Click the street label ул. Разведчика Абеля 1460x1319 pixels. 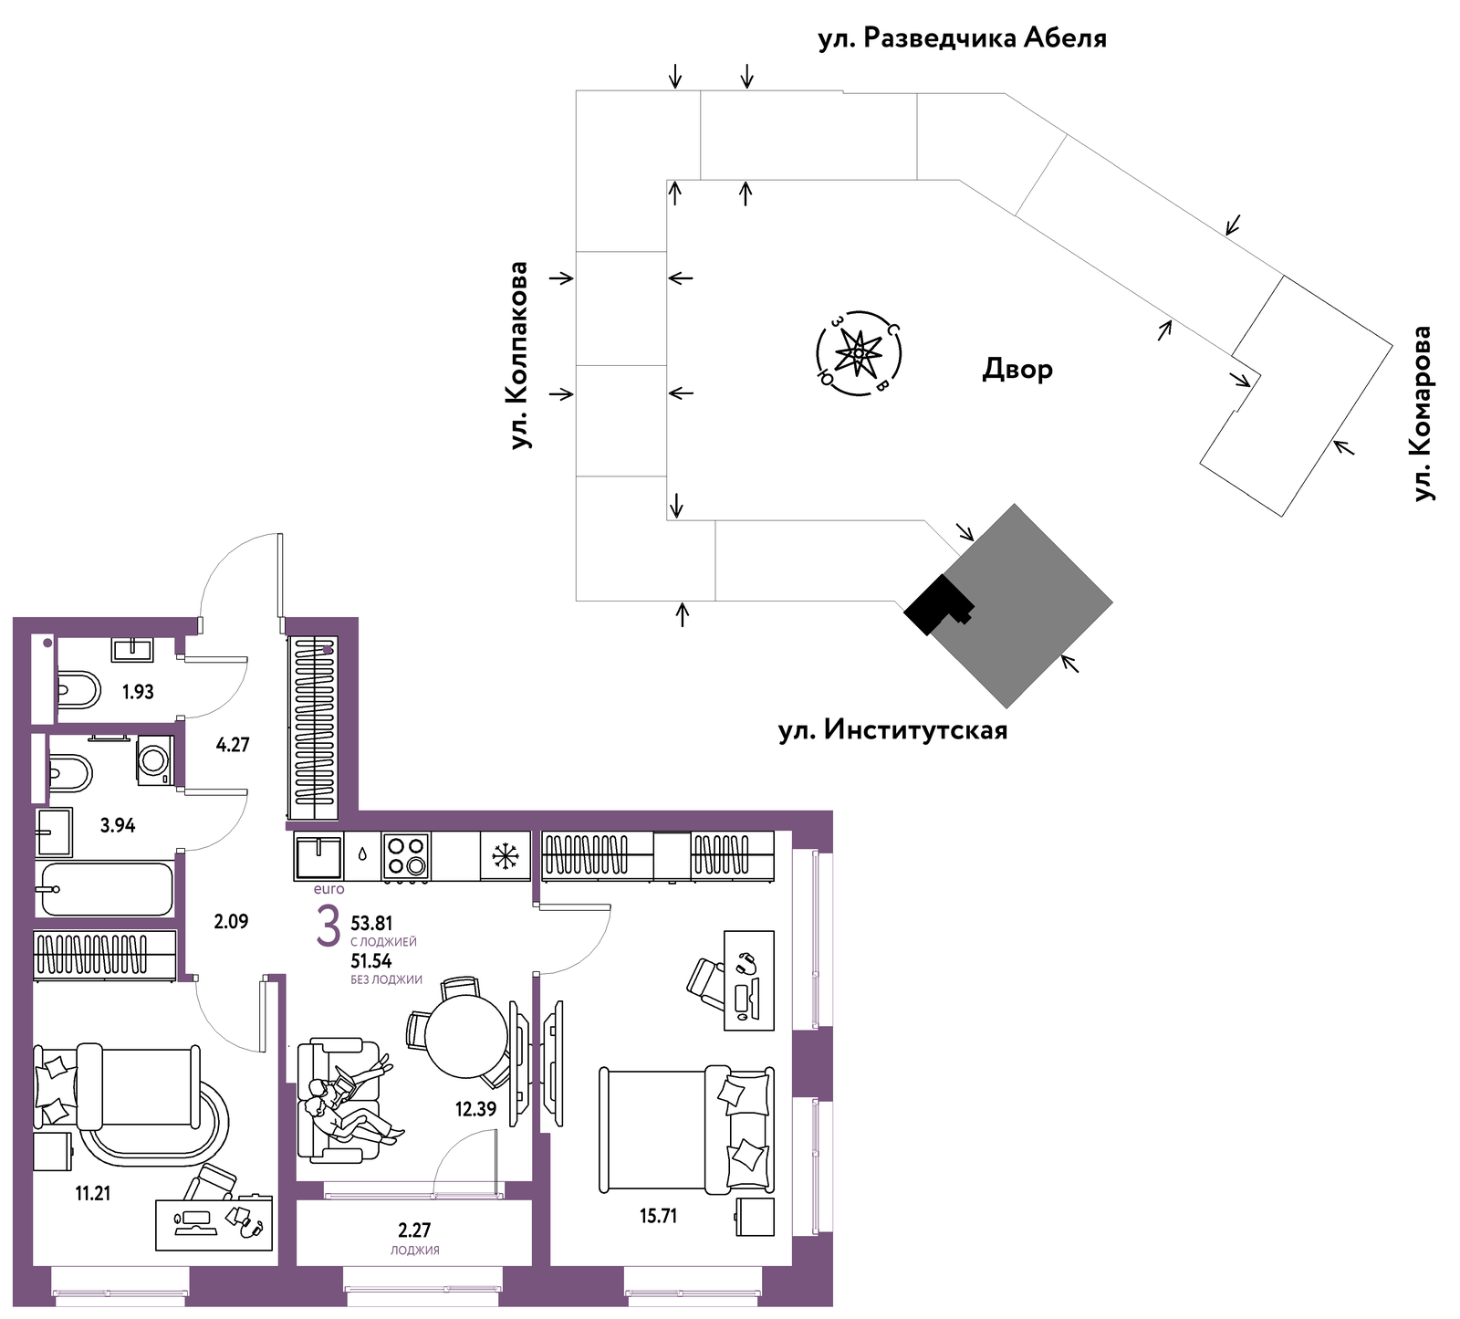[962, 38]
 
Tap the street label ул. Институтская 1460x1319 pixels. [892, 730]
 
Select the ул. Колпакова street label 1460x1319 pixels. [519, 355]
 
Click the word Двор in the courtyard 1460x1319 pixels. [1017, 369]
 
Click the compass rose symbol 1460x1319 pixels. [859, 352]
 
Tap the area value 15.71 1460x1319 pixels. [658, 1216]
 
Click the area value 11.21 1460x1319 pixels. [93, 1193]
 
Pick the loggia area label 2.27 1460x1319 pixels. [414, 1230]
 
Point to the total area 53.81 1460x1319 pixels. [371, 924]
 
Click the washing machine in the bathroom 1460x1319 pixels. [153, 759]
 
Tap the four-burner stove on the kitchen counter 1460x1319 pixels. [406, 855]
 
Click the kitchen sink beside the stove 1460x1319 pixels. [318, 855]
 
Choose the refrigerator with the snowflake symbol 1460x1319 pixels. [505, 856]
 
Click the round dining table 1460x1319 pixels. [467, 1036]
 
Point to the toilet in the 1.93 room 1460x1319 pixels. [78, 691]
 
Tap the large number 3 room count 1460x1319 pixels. [328, 927]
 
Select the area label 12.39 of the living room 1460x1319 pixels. [476, 1109]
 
